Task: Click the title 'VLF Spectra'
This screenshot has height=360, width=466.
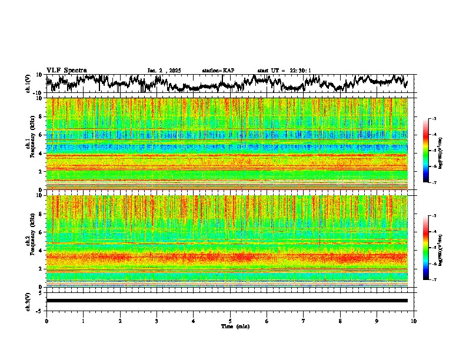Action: click(66, 70)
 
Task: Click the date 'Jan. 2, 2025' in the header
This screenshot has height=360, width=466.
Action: click(164, 71)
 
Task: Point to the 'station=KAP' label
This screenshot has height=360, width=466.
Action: click(218, 71)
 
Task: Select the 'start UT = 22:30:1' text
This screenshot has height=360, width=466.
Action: click(284, 71)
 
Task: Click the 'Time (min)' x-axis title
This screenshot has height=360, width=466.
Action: click(230, 326)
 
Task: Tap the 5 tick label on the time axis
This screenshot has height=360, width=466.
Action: click(230, 321)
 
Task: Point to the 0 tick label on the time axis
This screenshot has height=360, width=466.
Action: click(46, 321)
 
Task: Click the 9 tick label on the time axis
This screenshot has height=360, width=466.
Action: click(377, 321)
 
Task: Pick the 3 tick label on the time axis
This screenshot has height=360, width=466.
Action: click(157, 321)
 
